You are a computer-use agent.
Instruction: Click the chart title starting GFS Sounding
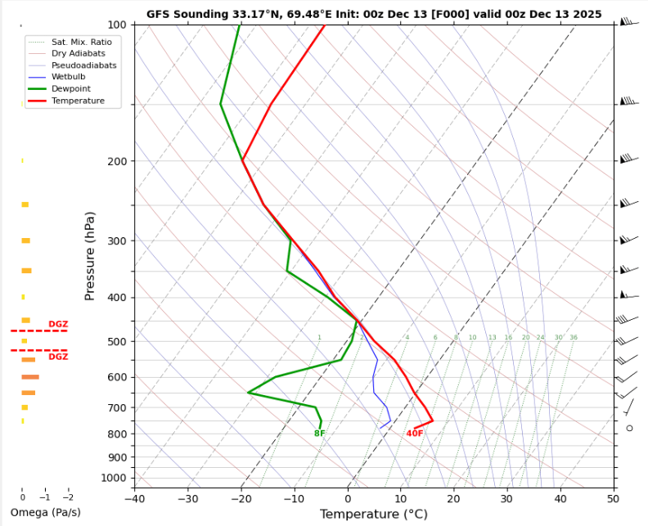tap(374, 14)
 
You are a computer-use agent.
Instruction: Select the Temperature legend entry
tap(78, 101)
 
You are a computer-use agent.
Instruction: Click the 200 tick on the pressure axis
tap(116, 162)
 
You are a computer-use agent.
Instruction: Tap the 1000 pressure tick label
tap(114, 478)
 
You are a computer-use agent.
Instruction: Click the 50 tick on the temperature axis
tap(614, 498)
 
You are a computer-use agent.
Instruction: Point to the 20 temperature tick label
tap(454, 498)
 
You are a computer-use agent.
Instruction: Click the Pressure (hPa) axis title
tap(90, 255)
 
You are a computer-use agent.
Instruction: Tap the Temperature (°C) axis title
tap(373, 515)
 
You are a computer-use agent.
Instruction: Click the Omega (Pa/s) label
tap(46, 513)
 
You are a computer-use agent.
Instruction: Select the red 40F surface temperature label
tap(415, 434)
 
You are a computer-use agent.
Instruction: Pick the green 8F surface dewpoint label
tap(319, 434)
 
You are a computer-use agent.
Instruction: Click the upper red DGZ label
tap(58, 325)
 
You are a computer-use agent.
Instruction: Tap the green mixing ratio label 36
tap(574, 338)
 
